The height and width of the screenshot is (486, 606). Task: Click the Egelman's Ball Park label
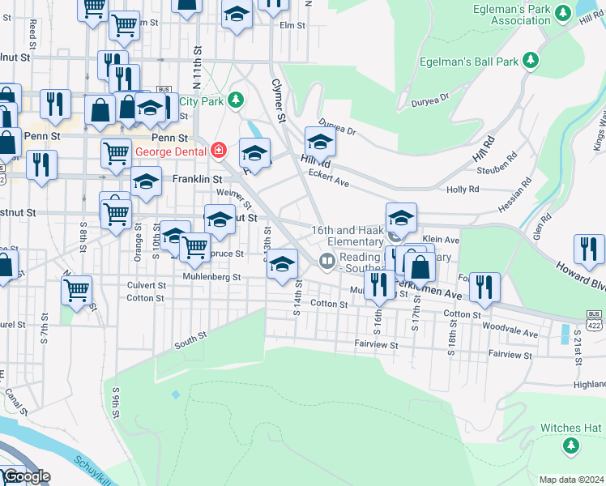tap(469, 61)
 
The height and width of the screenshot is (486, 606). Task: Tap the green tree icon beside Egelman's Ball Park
tap(531, 61)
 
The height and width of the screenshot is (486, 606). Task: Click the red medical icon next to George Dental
tap(217, 151)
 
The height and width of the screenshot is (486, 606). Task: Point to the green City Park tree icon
tap(235, 100)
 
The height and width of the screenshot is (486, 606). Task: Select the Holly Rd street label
tap(463, 190)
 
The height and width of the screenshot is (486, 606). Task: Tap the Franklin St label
tap(197, 178)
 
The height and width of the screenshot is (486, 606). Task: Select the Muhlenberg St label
tap(213, 276)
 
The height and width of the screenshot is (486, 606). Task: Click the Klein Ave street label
tap(442, 241)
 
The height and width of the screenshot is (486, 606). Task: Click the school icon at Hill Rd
tap(320, 142)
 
